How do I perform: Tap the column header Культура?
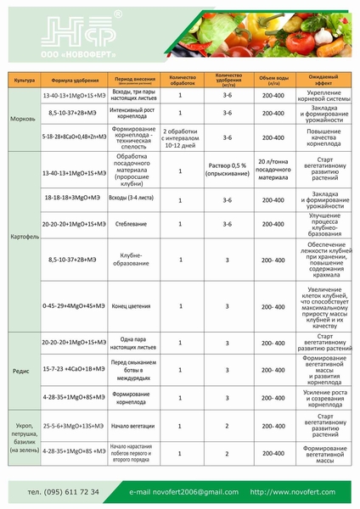[x=23, y=81]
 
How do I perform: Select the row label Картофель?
[x=23, y=235]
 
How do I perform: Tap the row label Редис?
[x=23, y=370]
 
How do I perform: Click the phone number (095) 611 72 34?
[x=64, y=491]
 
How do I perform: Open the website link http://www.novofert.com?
[x=293, y=491]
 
